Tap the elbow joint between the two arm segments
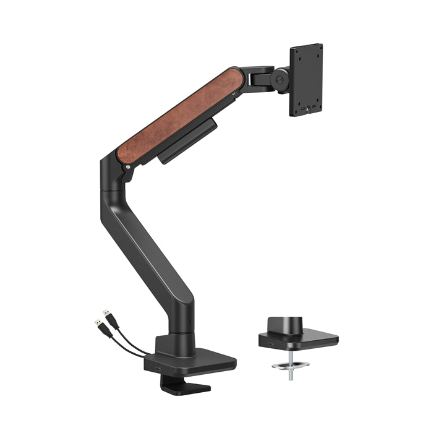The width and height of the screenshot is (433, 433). [x=114, y=179]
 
